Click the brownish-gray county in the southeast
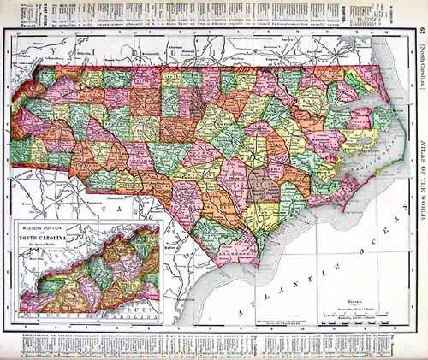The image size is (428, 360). pos(263,186)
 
